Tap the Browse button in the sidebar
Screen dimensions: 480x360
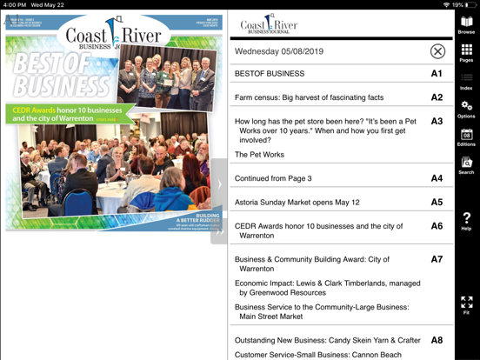[x=466, y=23]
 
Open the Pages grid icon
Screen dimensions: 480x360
[x=466, y=52]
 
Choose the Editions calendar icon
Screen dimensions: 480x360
[x=466, y=137]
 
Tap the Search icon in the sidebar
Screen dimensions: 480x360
[x=466, y=164]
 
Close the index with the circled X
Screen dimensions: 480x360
[x=437, y=51]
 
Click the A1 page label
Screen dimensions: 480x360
[x=437, y=74]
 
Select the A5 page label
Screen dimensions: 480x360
[x=437, y=202]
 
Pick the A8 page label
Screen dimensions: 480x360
[x=437, y=340]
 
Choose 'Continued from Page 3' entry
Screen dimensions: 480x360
[x=273, y=178]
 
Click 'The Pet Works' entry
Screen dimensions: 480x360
[x=259, y=155]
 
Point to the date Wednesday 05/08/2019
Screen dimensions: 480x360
[x=278, y=51]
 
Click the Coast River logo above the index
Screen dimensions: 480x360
[x=269, y=24]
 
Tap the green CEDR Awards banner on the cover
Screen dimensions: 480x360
[x=65, y=114]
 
